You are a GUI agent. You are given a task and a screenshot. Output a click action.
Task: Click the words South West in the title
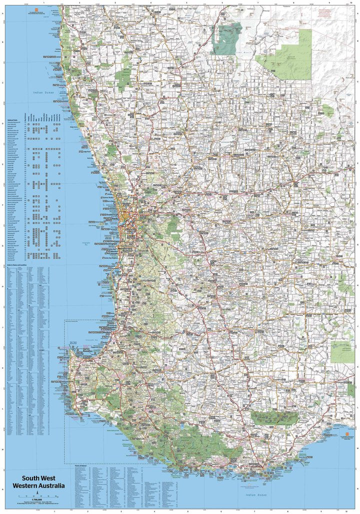[38, 477]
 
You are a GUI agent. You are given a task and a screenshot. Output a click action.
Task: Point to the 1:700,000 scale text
[36, 500]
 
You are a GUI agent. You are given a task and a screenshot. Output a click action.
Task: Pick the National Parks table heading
[12, 120]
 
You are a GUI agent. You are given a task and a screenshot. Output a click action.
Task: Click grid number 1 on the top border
[44, 2]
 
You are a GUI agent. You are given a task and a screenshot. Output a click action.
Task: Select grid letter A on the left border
[3, 21]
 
